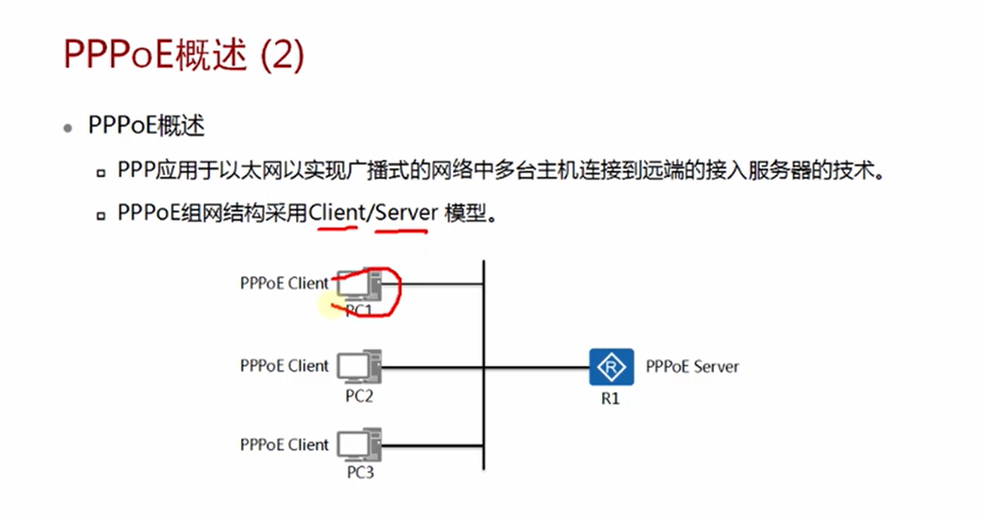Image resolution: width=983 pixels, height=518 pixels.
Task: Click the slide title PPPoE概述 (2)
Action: click(184, 55)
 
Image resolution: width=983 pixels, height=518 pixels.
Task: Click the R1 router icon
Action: click(611, 367)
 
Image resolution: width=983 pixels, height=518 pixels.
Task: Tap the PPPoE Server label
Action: click(692, 366)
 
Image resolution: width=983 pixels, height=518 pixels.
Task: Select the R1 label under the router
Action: click(610, 400)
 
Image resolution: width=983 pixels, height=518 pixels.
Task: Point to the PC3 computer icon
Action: click(359, 445)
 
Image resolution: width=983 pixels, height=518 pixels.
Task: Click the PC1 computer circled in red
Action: click(359, 287)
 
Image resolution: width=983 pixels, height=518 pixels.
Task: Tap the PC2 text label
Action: click(359, 396)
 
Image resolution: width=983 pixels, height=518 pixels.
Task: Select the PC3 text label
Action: click(360, 472)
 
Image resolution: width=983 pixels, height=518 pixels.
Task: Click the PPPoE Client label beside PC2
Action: click(284, 366)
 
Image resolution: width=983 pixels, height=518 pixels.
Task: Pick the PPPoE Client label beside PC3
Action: click(284, 444)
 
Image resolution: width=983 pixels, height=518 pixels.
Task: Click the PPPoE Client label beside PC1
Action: click(284, 283)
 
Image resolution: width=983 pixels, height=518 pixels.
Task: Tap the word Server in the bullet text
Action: click(406, 212)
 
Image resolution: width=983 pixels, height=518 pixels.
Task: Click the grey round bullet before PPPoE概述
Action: click(67, 128)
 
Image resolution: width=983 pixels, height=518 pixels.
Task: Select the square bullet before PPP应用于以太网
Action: click(102, 172)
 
